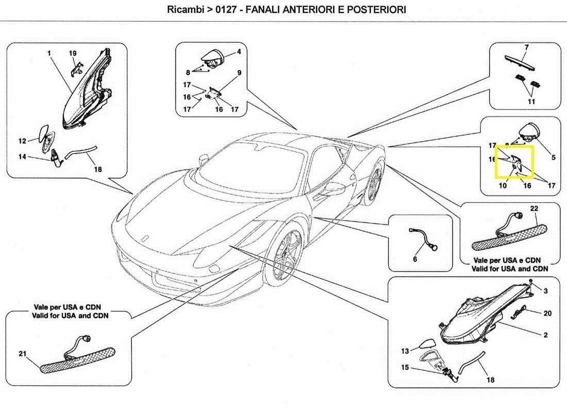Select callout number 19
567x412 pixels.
point(73,53)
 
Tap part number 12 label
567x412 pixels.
point(22,141)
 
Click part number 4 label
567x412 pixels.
point(239,52)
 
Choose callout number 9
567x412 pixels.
point(239,73)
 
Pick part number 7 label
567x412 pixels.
point(526,47)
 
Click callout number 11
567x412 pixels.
point(531,101)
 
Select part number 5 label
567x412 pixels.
point(553,158)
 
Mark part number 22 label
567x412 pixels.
point(533,209)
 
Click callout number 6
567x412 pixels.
point(415,259)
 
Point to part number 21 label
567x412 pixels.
point(22,353)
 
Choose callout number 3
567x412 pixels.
point(545,291)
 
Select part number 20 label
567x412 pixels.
point(547,313)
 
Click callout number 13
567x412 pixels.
point(405,351)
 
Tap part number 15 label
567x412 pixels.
point(405,367)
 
